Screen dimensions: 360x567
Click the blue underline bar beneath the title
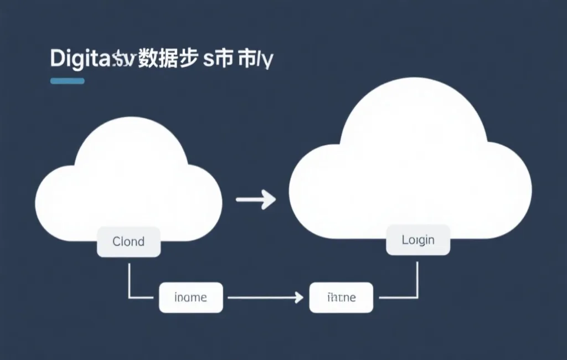point(67,81)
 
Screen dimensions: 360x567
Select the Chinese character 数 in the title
point(147,58)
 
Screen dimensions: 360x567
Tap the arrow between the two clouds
point(256,199)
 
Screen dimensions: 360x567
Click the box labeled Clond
point(128,241)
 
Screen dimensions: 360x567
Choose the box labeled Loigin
point(418,240)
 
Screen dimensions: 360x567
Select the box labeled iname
point(190,297)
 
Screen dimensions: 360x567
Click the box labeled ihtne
point(341,297)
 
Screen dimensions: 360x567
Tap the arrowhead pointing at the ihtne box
point(300,297)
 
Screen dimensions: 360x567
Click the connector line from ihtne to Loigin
point(417,277)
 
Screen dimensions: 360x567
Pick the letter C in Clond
point(116,241)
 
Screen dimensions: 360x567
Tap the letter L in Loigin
point(405,240)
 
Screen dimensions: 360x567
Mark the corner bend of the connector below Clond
point(129,297)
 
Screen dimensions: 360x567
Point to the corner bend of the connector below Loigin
point(417,297)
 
